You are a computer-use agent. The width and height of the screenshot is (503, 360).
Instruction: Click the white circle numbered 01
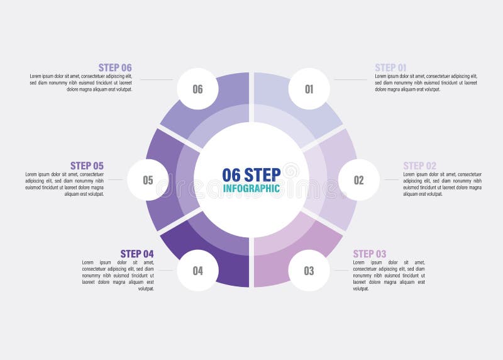click(309, 89)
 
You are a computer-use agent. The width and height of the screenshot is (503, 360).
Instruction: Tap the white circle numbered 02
click(358, 180)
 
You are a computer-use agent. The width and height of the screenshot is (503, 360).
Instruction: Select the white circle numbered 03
click(309, 271)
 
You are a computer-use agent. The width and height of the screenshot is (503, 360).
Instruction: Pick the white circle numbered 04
click(197, 271)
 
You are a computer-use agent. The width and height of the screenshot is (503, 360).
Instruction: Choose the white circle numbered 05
click(148, 180)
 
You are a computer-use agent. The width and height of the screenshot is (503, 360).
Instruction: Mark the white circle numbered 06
click(197, 89)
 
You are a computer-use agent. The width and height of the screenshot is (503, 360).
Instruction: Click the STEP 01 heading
click(390, 67)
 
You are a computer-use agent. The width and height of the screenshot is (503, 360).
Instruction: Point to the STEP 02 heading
click(419, 166)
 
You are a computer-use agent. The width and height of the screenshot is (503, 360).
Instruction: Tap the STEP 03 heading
click(369, 254)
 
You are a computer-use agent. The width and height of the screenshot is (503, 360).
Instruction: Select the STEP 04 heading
click(137, 254)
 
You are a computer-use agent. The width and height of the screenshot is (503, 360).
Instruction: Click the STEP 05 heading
click(87, 166)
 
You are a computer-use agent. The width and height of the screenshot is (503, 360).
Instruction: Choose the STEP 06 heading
click(115, 67)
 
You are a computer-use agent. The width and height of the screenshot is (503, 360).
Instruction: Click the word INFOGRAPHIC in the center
click(251, 188)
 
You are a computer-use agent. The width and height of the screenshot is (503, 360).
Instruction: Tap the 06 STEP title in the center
click(251, 174)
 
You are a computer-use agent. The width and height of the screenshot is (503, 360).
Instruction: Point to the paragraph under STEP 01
click(426, 82)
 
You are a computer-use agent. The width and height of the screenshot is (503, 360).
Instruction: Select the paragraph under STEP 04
click(118, 275)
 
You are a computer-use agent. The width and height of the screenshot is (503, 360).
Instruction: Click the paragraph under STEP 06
click(81, 82)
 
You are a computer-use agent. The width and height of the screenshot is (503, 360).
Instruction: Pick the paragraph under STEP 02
click(442, 184)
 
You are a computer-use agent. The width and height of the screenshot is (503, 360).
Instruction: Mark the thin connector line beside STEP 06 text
click(156, 79)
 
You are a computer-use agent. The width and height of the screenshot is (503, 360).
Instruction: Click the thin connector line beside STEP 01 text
click(350, 79)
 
